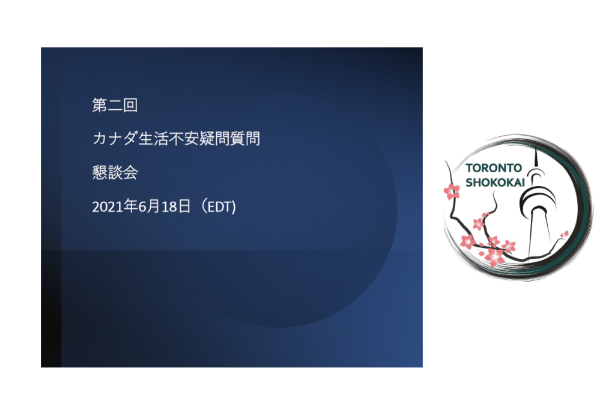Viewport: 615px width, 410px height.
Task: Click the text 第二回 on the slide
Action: pos(115,106)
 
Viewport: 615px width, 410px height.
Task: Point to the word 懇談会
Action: pos(115,173)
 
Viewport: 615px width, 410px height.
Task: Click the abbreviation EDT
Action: pos(220,207)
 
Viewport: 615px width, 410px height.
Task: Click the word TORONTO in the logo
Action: pos(494,168)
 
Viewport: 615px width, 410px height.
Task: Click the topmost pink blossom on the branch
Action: pos(451,191)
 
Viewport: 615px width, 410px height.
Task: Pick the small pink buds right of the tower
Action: pos(564,234)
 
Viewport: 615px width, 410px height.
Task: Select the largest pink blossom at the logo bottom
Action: pos(494,257)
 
